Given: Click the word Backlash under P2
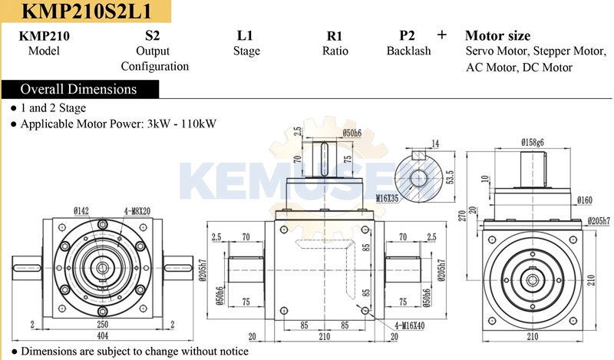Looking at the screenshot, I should [408, 51].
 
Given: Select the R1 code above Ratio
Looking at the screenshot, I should [335, 36].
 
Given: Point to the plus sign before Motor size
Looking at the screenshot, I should [441, 35].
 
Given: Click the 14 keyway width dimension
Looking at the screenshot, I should [435, 143].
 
